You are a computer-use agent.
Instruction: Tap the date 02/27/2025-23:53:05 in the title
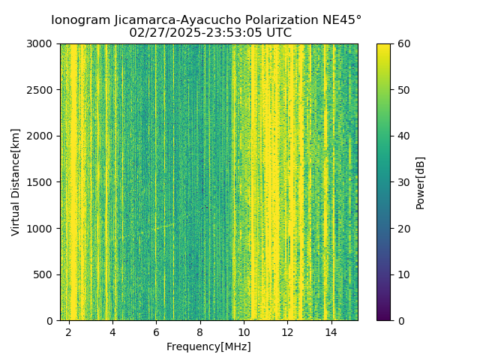click(x=197, y=33)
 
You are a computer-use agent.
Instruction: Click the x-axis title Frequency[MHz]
click(x=208, y=346)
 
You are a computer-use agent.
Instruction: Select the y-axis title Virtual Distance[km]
click(x=16, y=182)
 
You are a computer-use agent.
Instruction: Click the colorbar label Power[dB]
click(x=421, y=182)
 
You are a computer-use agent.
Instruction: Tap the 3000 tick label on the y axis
click(x=42, y=43)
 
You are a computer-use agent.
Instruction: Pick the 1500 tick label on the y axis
click(x=42, y=182)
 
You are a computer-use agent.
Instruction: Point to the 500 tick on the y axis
click(x=45, y=274)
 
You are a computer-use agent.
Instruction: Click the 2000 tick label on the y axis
click(x=42, y=136)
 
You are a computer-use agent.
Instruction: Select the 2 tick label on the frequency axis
click(x=69, y=331)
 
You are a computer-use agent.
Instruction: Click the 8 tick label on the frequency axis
click(x=199, y=331)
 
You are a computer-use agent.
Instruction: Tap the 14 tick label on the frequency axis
click(x=330, y=331)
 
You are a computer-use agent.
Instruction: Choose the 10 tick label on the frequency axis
click(x=243, y=331)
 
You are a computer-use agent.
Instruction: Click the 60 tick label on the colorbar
click(x=403, y=43)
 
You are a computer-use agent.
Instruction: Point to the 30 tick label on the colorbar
click(x=403, y=182)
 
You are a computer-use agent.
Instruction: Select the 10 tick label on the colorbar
click(x=403, y=274)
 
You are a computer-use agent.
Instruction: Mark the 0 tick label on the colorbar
click(x=400, y=320)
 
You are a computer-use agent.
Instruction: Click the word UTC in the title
click(x=278, y=33)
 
